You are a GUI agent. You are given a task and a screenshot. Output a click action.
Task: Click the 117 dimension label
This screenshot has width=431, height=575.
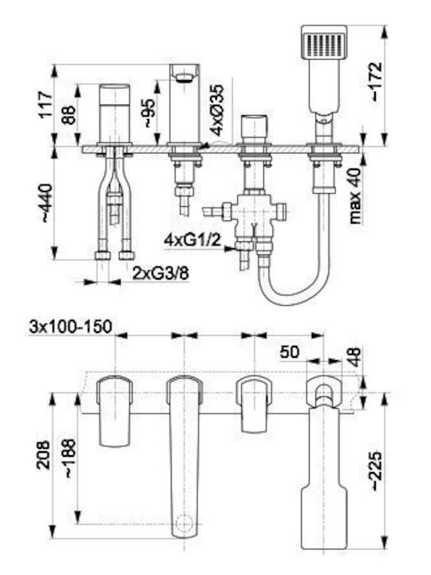[46, 105]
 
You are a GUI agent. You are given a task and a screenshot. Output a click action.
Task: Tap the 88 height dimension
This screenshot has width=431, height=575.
[69, 115]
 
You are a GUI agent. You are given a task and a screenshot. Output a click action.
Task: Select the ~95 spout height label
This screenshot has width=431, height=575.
[149, 113]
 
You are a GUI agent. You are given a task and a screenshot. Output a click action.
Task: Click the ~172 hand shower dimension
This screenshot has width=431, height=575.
[376, 81]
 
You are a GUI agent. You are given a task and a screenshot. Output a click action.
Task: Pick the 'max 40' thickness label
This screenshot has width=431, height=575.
[354, 196]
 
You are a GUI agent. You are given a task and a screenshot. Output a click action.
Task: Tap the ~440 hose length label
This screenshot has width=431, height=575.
[47, 203]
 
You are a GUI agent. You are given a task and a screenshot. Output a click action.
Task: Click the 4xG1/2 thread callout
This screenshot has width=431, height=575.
[193, 240]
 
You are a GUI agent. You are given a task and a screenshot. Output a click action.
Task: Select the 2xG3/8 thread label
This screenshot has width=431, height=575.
[161, 273]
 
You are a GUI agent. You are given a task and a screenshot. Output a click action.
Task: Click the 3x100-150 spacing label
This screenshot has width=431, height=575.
[71, 327]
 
